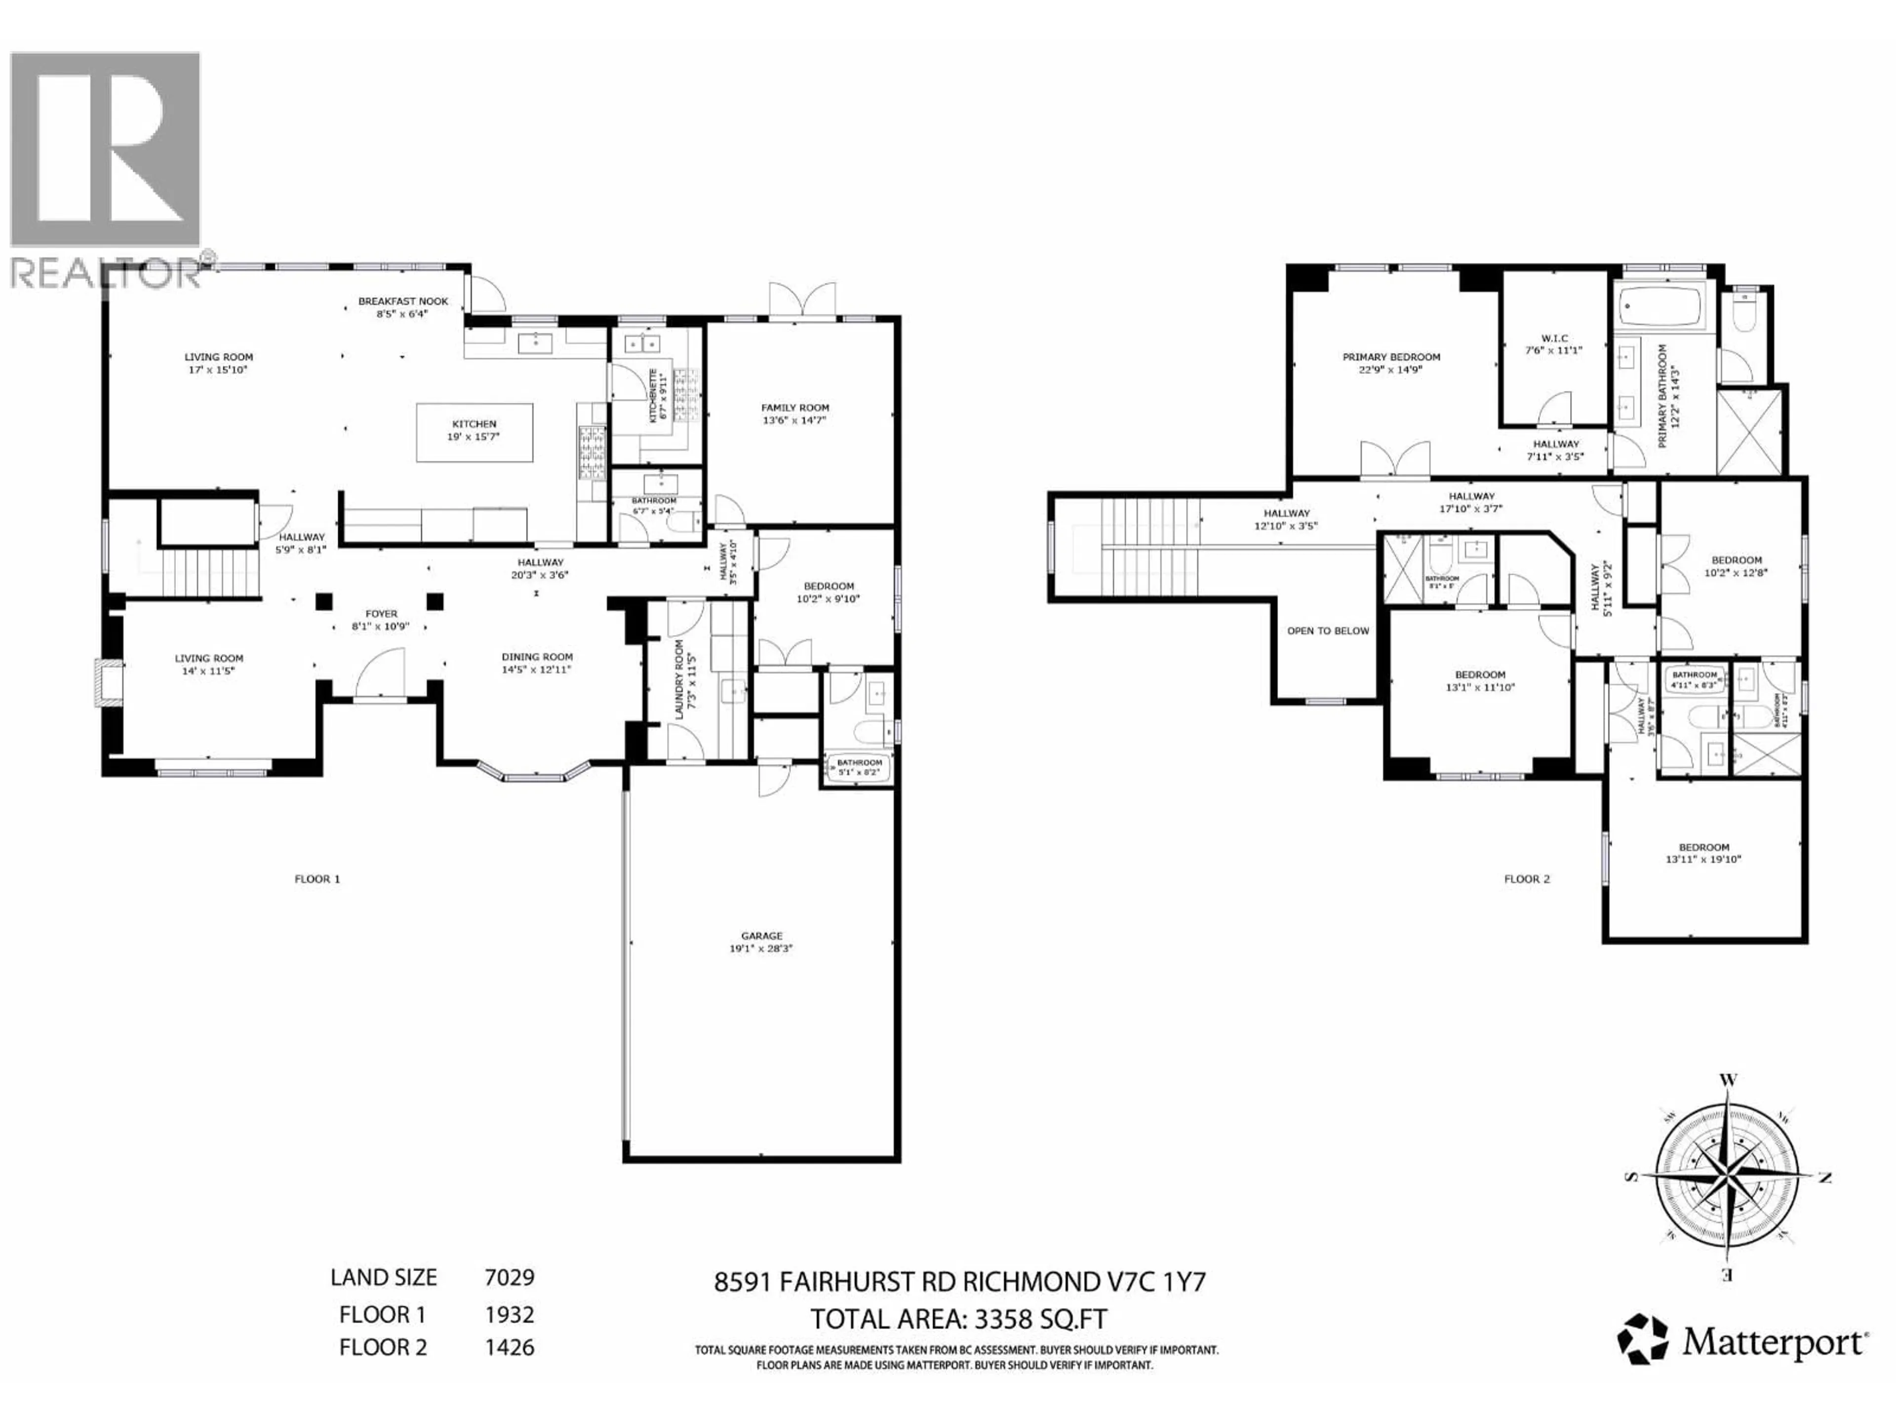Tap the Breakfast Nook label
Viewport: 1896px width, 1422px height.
[x=403, y=307]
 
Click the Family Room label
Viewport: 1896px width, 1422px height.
[x=794, y=414]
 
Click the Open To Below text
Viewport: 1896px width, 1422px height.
[x=1328, y=631]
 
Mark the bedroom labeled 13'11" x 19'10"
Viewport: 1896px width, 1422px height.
[x=1703, y=853]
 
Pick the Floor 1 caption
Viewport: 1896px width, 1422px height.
[x=317, y=878]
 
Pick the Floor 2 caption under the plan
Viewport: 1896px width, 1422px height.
[x=1527, y=878]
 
